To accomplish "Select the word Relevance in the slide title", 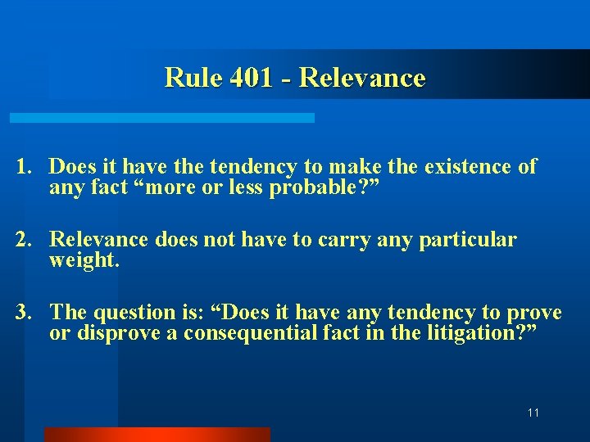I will tap(362, 78).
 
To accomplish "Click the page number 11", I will tap(533, 413).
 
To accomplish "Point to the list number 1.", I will tap(23, 167).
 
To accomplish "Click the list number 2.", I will tap(23, 240).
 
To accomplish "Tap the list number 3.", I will tap(23, 313).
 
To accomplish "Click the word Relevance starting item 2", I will tap(99, 240).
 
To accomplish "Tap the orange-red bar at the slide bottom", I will tap(157, 434).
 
